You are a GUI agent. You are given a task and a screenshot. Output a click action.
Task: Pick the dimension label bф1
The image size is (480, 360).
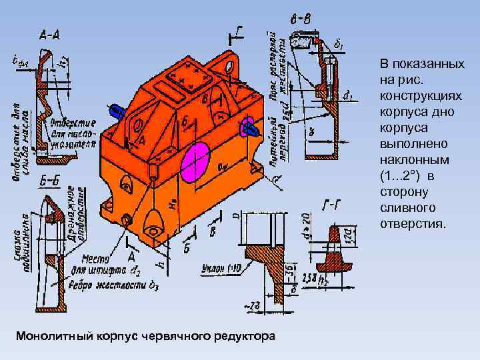tap(21, 61)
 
